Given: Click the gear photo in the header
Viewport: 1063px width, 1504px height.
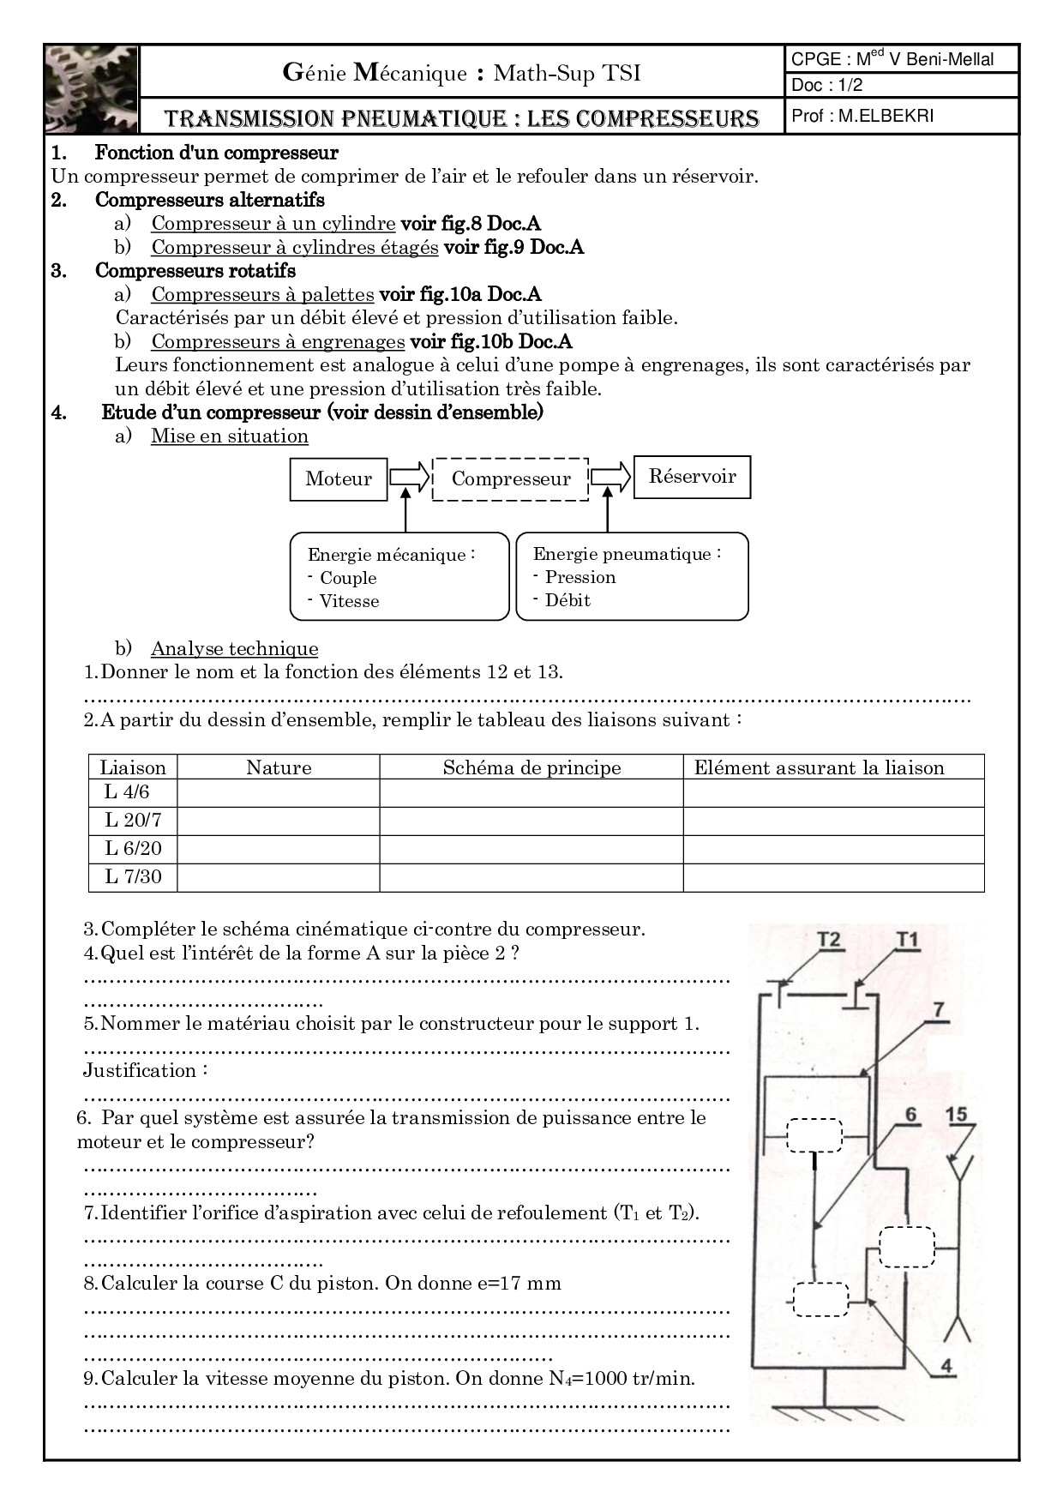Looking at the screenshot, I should click(x=91, y=89).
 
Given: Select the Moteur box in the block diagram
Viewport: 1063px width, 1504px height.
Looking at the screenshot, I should click(x=339, y=478).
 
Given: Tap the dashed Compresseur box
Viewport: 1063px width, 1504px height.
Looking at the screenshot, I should click(x=511, y=479).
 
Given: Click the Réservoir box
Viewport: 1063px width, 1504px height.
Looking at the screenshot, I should click(x=692, y=477).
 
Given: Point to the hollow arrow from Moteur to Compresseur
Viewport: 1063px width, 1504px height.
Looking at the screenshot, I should click(x=409, y=477).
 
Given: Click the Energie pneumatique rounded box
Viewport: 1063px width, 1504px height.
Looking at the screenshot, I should click(x=632, y=576).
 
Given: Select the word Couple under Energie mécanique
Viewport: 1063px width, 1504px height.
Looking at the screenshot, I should click(x=348, y=578).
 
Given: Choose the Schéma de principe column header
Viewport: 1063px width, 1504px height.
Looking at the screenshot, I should click(x=531, y=767).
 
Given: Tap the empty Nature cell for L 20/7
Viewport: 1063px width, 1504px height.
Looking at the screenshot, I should click(x=279, y=821).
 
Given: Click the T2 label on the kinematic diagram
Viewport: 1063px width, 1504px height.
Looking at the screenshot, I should click(x=829, y=940).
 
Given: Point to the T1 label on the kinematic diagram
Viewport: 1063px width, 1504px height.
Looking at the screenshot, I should click(x=907, y=940).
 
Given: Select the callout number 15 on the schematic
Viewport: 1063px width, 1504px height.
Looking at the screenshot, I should click(x=957, y=1115).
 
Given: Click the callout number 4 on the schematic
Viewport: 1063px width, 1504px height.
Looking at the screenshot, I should click(x=946, y=1366).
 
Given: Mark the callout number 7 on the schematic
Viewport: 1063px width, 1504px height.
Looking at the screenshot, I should click(x=939, y=1009).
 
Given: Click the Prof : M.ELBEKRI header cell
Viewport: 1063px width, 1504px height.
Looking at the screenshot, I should click(x=862, y=116).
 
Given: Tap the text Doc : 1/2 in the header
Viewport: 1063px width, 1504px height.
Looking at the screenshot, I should click(x=826, y=85).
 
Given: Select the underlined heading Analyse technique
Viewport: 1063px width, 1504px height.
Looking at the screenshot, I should click(x=234, y=649).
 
